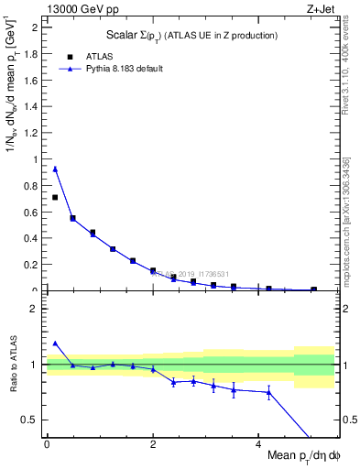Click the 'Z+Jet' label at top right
[x=318, y=9]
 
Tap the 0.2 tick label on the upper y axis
[x=33, y=265]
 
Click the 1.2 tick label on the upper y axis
[x=33, y=133]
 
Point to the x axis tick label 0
[x=47, y=443]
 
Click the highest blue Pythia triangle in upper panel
[x=55, y=169]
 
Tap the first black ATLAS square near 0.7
[x=55, y=197]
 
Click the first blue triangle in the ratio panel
[x=55, y=344]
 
